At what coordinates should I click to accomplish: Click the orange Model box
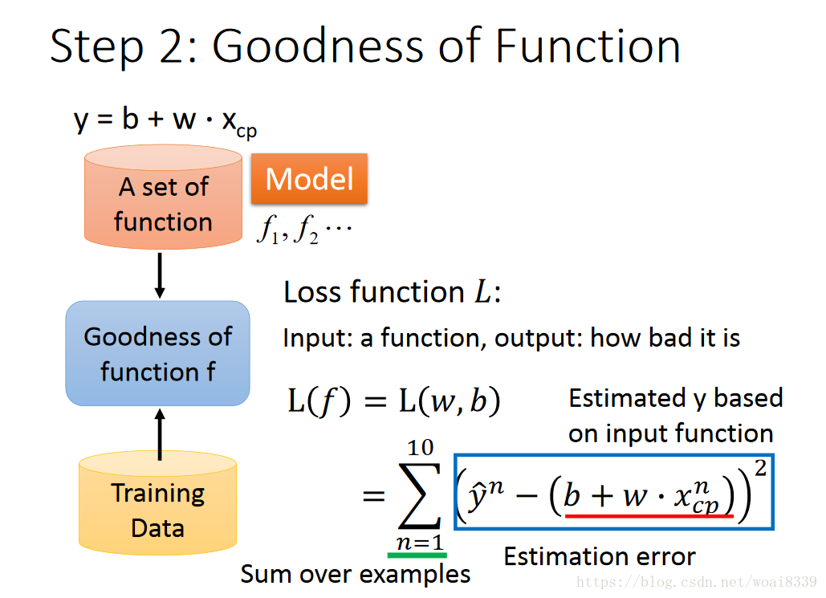(x=309, y=179)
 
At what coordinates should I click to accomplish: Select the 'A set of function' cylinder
(x=163, y=197)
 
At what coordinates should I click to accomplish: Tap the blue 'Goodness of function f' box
(x=157, y=353)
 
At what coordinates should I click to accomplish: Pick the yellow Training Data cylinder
(x=157, y=502)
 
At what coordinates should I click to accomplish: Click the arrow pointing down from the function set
(x=161, y=275)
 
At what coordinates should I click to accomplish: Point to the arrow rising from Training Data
(x=161, y=435)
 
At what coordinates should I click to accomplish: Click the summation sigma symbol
(x=420, y=495)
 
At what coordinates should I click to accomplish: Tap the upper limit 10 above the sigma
(x=421, y=448)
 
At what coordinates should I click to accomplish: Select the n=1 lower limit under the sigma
(x=420, y=542)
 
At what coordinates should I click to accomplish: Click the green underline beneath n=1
(x=417, y=555)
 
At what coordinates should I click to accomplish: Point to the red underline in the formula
(x=649, y=516)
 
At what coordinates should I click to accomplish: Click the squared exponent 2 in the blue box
(x=760, y=468)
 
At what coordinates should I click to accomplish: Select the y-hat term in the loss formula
(x=485, y=495)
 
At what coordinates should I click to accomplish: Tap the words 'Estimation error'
(x=600, y=556)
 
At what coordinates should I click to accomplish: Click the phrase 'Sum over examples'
(x=356, y=574)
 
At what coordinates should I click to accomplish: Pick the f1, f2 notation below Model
(x=304, y=230)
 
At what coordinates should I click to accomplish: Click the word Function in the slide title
(x=588, y=47)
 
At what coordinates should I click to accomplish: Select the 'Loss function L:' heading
(x=392, y=292)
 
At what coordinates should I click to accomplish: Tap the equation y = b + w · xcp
(x=165, y=121)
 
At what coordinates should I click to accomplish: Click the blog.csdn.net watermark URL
(x=697, y=582)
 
